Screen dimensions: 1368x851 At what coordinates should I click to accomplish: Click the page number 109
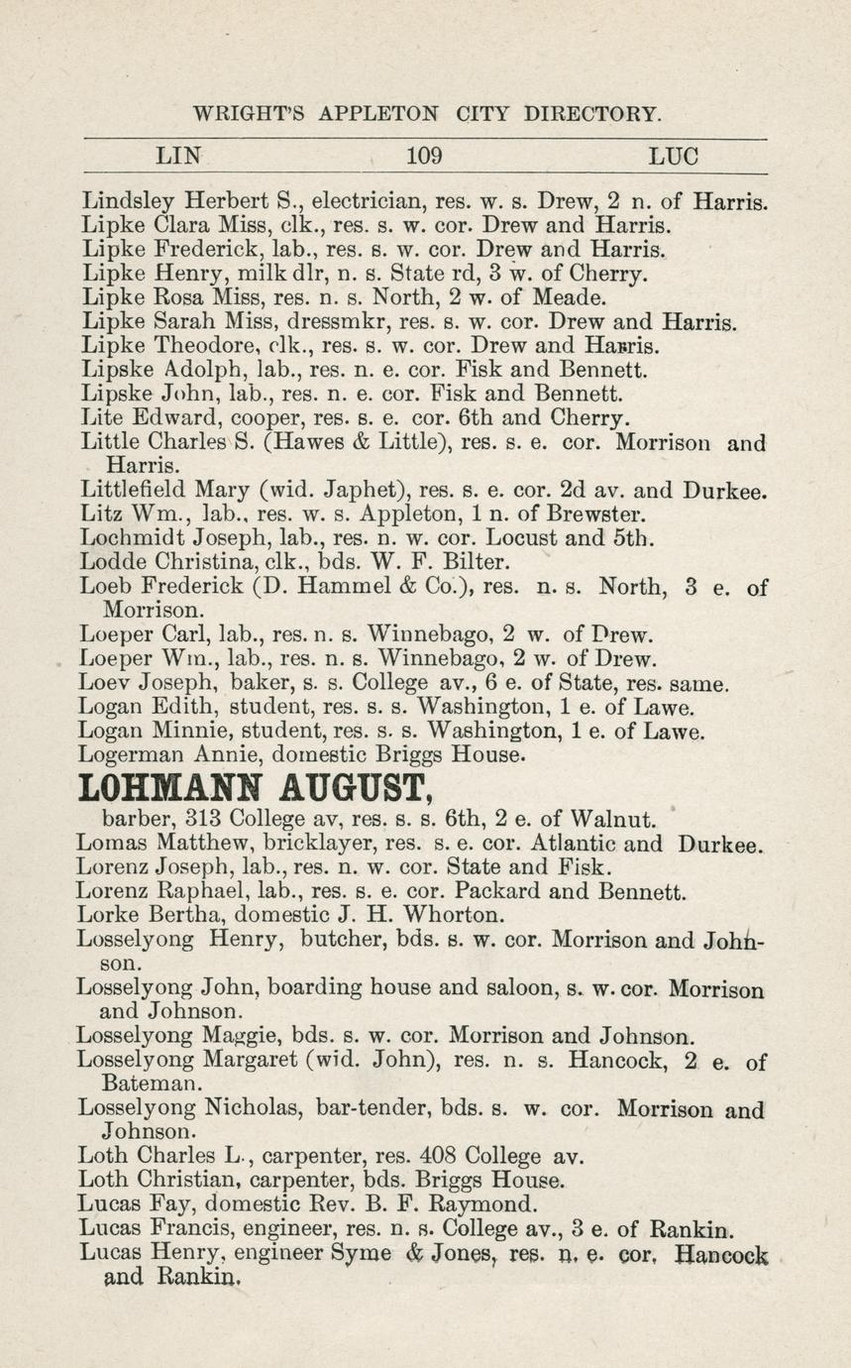(424, 156)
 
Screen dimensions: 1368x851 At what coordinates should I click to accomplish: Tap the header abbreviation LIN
(179, 156)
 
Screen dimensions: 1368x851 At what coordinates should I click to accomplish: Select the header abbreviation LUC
(674, 156)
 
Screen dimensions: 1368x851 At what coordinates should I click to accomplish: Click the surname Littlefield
(135, 490)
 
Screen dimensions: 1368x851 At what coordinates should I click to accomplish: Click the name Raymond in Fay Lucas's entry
(486, 1205)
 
